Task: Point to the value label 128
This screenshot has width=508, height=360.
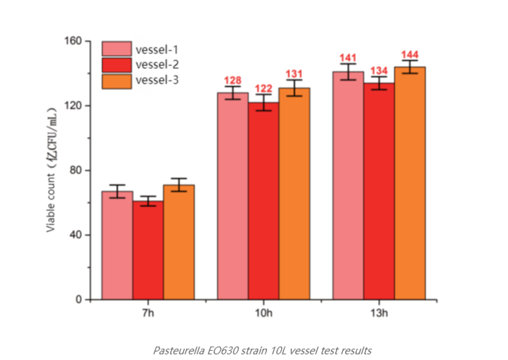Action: pos(233,80)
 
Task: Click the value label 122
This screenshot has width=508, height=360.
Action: pos(263,89)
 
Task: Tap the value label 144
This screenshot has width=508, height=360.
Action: pos(410,55)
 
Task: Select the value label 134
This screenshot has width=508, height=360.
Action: pos(379,70)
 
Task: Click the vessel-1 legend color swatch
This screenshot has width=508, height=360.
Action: pos(116,49)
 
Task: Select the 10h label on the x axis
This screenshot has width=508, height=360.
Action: pos(263,313)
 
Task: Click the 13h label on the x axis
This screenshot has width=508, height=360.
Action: pos(379,313)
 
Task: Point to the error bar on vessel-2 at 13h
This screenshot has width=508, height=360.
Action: pos(379,83)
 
